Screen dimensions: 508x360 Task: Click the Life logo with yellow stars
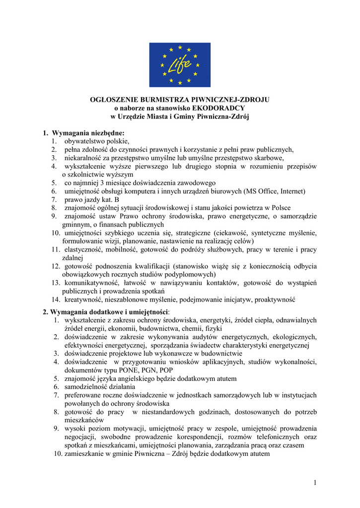click(180, 65)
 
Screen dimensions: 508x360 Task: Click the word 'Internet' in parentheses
click(292, 191)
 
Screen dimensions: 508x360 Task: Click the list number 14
click(56, 300)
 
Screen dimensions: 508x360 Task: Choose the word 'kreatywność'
click(83, 300)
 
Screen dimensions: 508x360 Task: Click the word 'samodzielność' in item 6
click(86, 387)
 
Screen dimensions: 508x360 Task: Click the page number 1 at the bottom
click(315, 482)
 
